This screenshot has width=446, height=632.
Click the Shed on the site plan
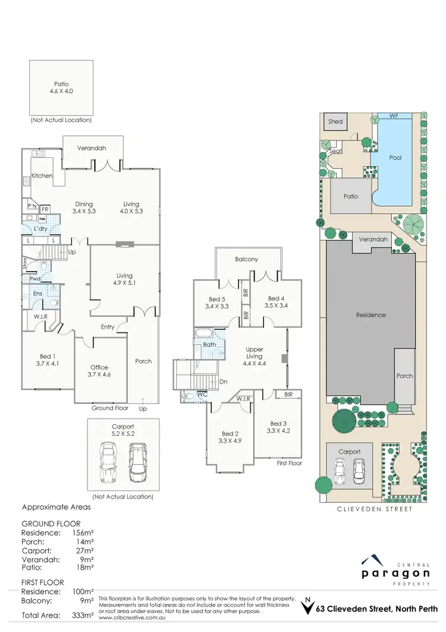click(335, 122)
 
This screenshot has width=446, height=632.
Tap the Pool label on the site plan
click(395, 158)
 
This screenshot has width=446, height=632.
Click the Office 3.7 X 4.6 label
click(99, 371)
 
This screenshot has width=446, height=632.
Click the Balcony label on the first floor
click(246, 260)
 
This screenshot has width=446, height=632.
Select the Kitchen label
click(42, 176)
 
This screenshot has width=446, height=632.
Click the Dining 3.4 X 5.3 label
click(84, 207)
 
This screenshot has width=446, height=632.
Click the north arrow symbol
click(307, 606)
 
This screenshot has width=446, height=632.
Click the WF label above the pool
click(394, 116)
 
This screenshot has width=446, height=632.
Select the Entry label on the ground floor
click(108, 327)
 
